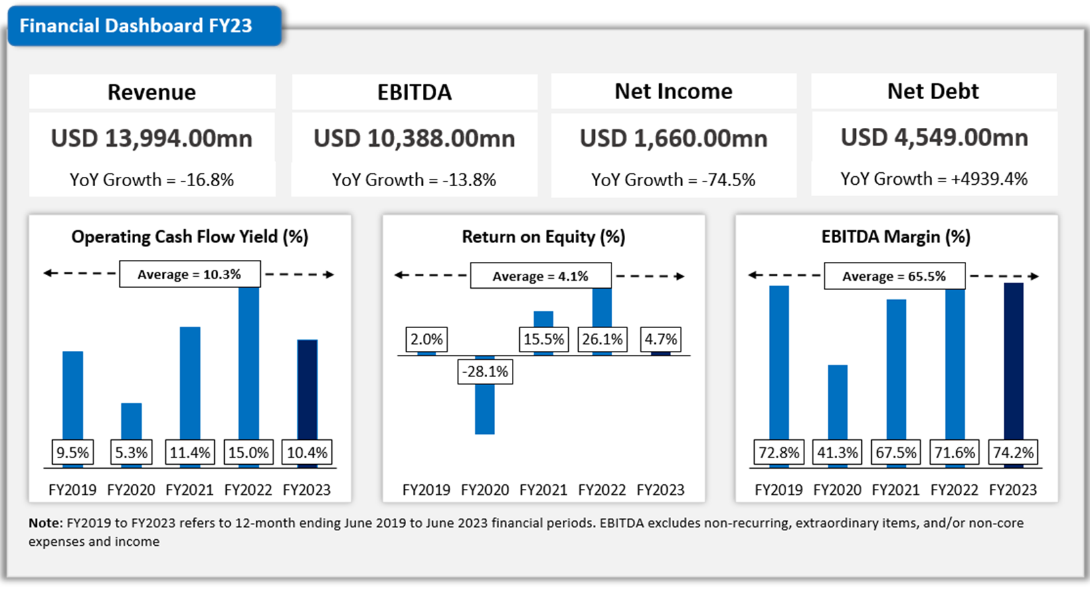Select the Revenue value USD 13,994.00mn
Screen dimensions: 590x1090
click(152, 139)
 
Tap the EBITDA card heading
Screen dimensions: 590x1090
click(414, 92)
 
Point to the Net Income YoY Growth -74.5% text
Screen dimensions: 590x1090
click(673, 179)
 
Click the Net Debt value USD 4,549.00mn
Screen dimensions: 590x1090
click(934, 137)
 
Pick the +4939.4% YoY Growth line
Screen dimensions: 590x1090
click(934, 179)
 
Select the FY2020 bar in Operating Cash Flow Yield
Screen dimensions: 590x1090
click(131, 421)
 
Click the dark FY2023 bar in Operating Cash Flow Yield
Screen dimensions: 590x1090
click(307, 388)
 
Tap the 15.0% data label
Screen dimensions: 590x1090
click(248, 453)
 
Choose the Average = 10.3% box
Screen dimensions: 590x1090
click(189, 275)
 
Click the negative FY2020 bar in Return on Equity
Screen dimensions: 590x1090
click(485, 409)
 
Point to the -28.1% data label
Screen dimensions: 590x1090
click(485, 372)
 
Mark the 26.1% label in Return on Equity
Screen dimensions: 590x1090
click(602, 340)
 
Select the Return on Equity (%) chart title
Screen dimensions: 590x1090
click(543, 236)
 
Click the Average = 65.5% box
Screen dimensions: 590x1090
click(894, 276)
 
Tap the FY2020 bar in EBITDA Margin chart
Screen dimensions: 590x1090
click(838, 402)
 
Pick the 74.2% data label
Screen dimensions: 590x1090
click(1013, 453)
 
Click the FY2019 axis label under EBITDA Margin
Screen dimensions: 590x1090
click(779, 490)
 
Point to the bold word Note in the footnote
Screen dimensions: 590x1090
click(44, 523)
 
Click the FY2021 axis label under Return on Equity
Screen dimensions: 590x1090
click(543, 490)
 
